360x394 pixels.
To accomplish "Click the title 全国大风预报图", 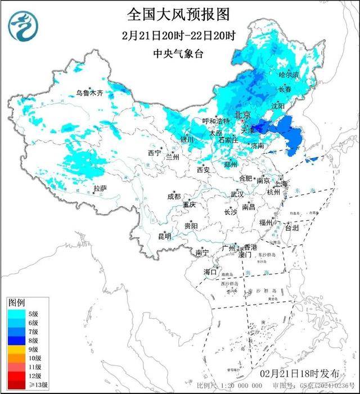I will (x=179, y=13).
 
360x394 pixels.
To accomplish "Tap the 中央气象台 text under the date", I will (x=179, y=53).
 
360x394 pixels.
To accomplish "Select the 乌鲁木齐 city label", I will (x=90, y=93).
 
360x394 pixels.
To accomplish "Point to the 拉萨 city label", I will (x=100, y=188).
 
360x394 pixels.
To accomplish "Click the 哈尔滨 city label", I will (x=289, y=75).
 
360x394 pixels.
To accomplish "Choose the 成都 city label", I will (x=174, y=196).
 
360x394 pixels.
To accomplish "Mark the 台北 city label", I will (x=292, y=228).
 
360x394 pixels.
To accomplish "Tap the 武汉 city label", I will (x=237, y=194).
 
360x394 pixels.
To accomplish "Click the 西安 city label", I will (x=203, y=170).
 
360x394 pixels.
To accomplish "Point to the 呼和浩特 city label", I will (x=216, y=121).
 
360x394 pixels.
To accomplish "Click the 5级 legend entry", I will (x=31, y=314).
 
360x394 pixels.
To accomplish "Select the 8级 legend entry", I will (x=31, y=339).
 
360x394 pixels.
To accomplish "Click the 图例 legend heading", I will (x=16, y=302).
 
